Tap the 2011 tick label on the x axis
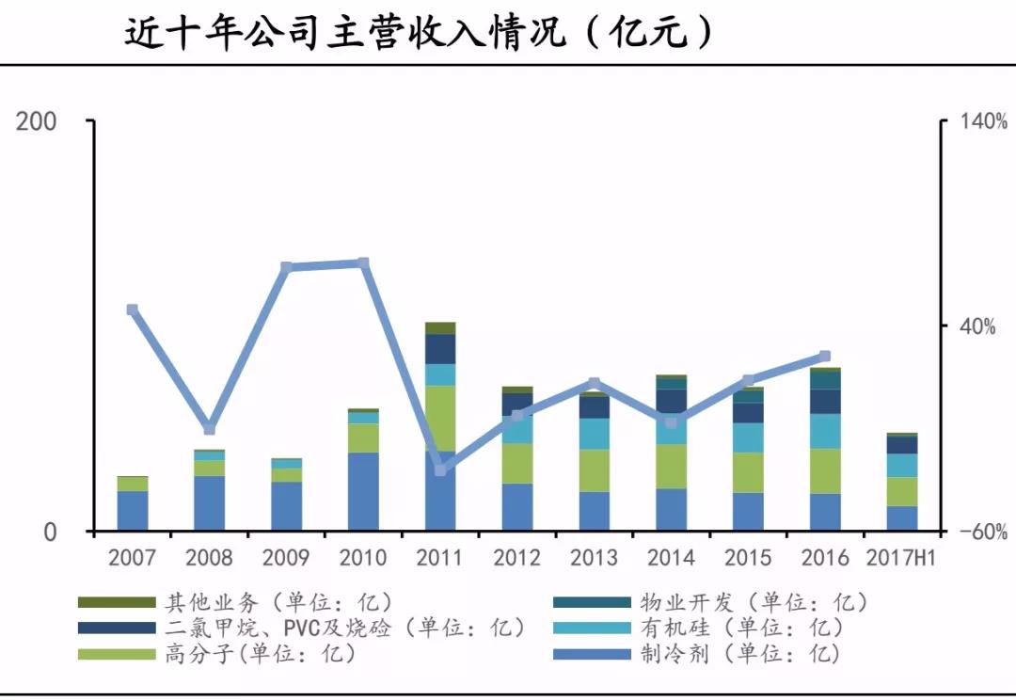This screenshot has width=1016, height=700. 440,557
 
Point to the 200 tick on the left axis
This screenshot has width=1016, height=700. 37,121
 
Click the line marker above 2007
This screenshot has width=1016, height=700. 133,310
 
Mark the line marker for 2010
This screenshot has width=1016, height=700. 364,262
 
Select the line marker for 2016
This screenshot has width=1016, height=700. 825,356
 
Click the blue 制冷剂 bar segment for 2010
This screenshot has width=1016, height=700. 363,491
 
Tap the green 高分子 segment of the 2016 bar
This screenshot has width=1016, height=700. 825,470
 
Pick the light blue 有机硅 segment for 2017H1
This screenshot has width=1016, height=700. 902,465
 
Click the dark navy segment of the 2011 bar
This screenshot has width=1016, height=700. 440,349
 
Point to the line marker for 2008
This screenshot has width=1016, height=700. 210,429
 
